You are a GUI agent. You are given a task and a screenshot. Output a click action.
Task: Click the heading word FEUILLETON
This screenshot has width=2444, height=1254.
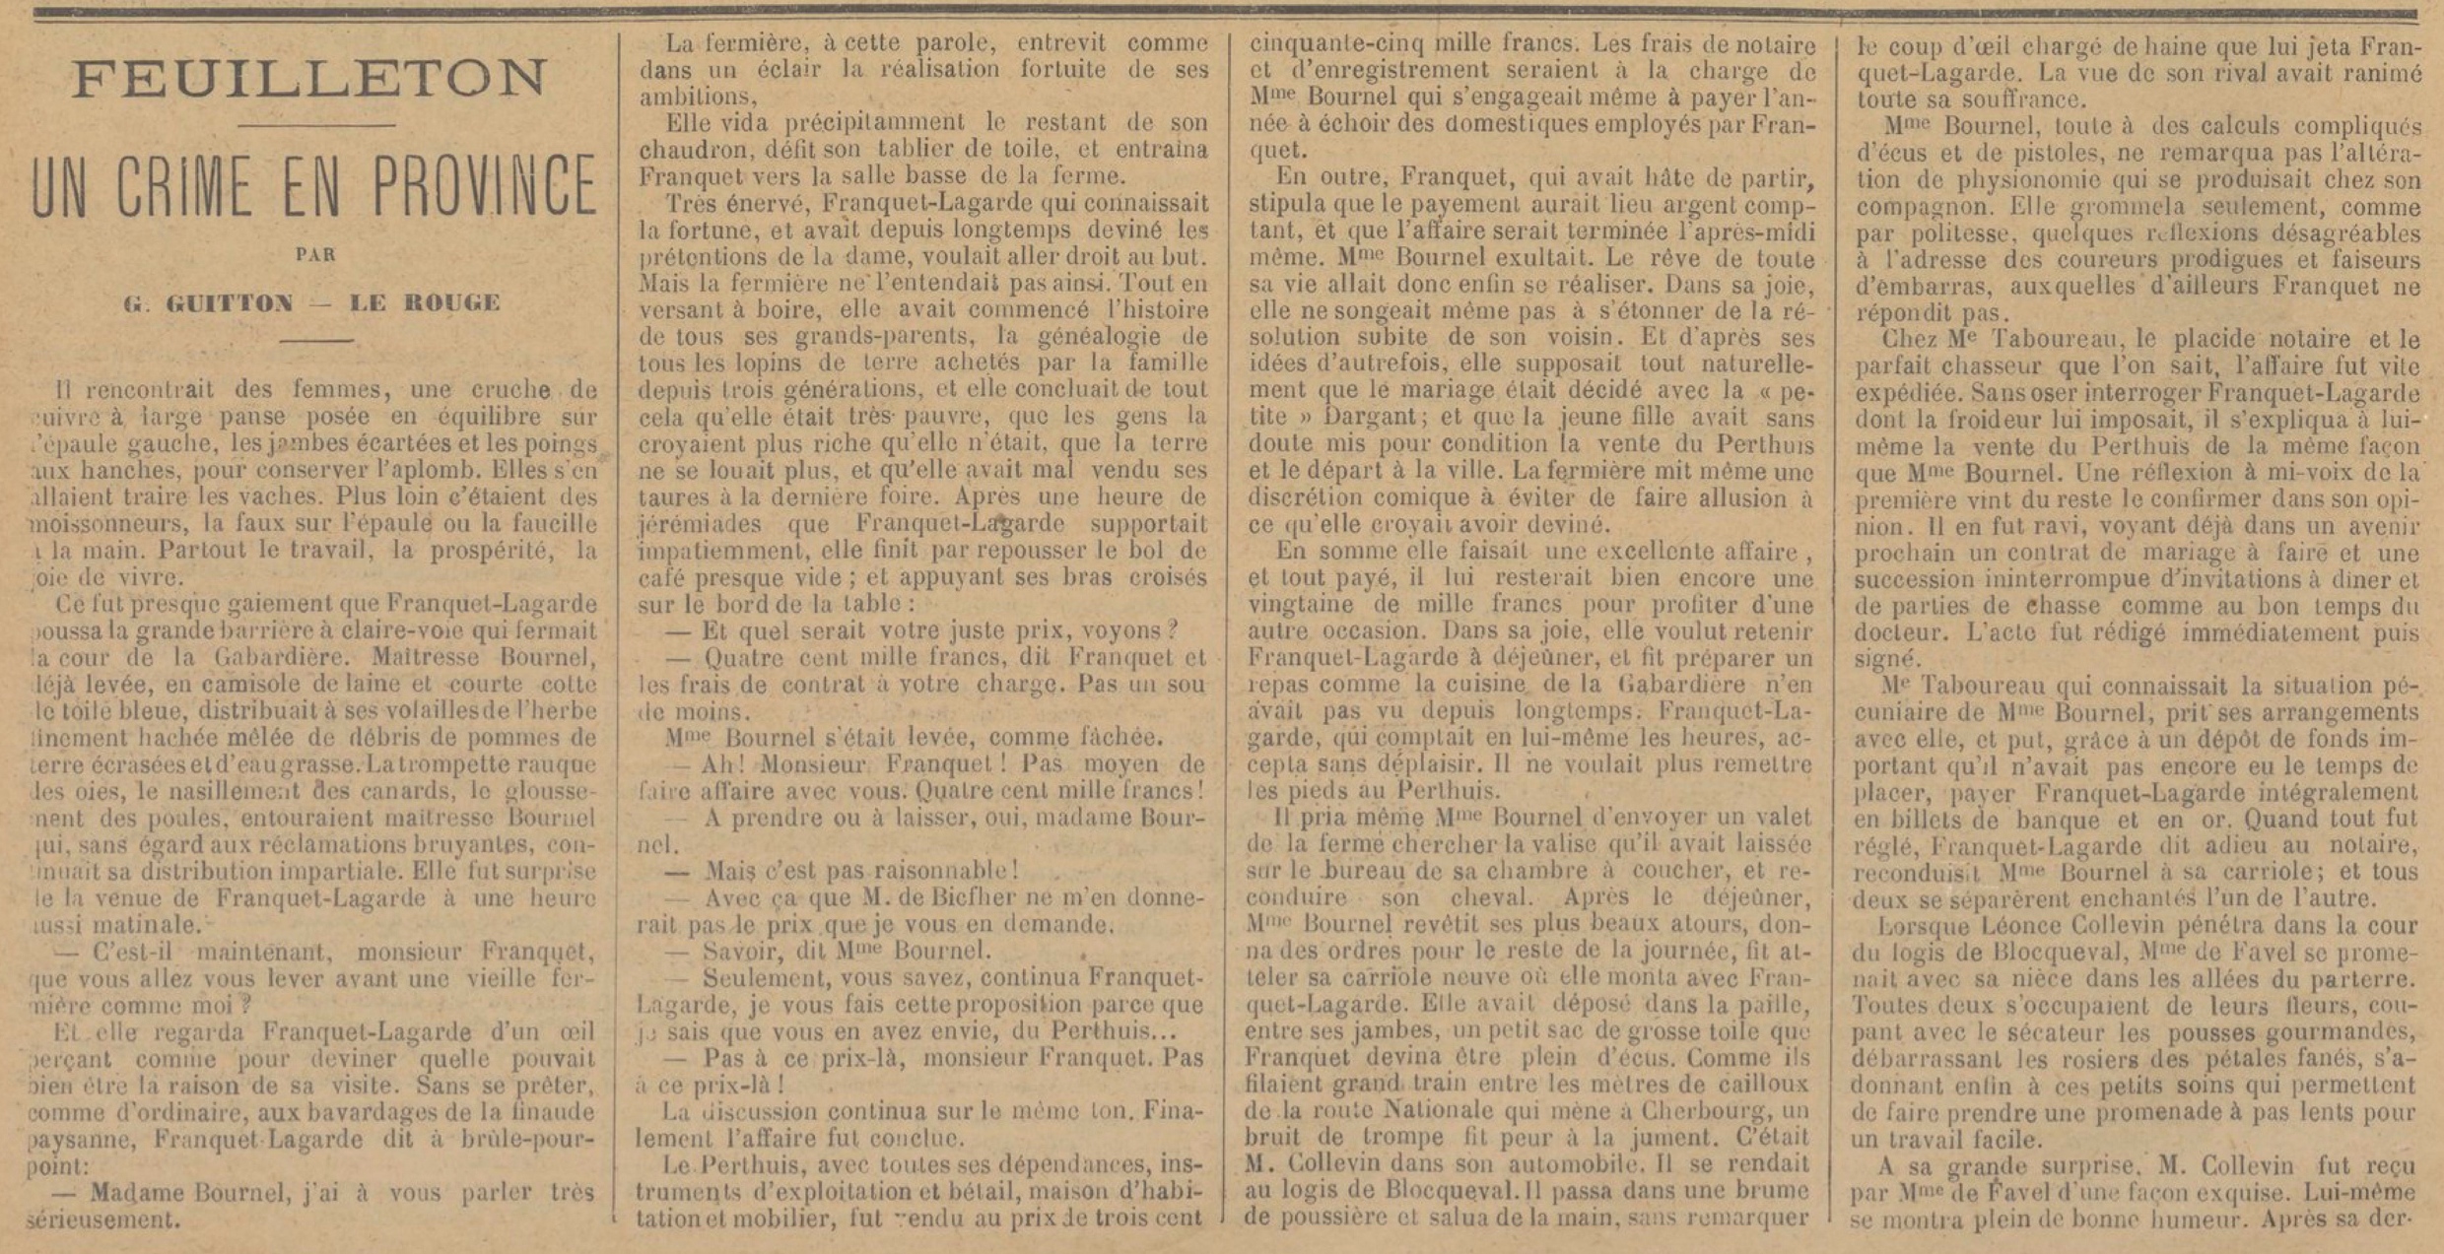coord(308,80)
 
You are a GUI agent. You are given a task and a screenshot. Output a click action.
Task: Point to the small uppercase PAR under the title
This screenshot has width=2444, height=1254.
coord(315,254)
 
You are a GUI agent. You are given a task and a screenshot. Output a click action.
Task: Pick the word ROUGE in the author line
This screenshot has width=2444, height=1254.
coord(453,302)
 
